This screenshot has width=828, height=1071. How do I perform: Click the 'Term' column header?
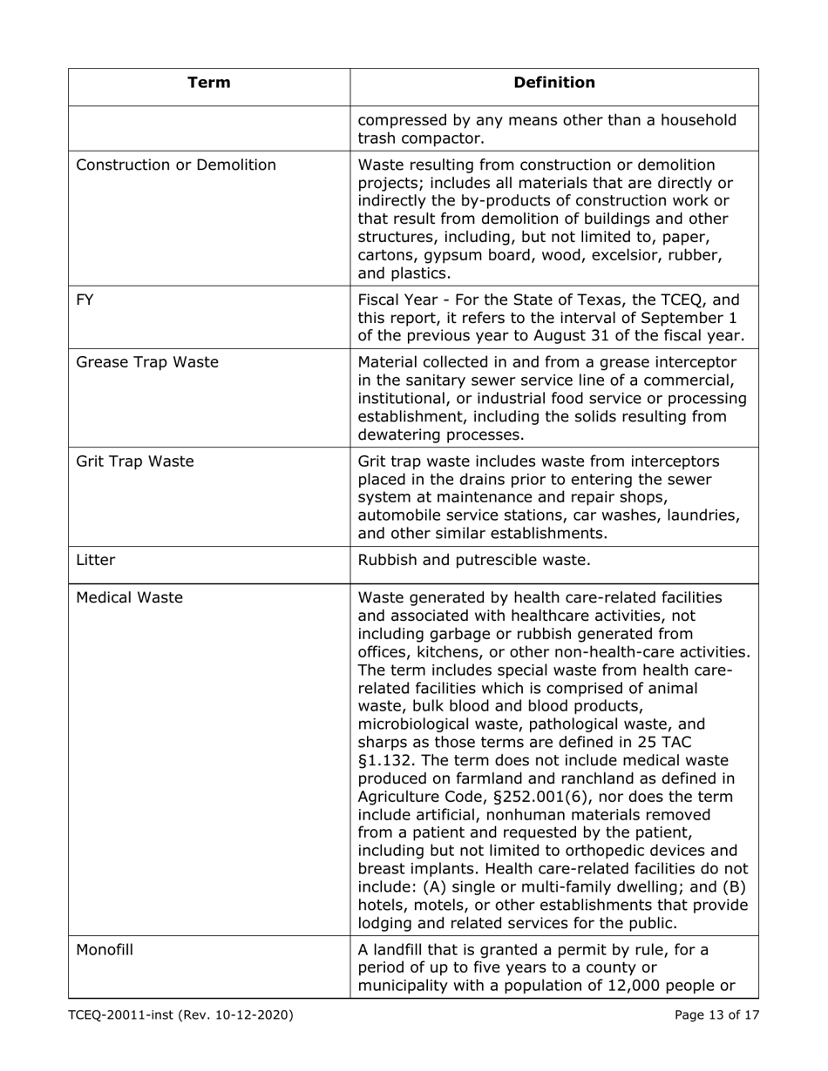coord(209,84)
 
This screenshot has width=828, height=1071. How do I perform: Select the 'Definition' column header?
coord(554,84)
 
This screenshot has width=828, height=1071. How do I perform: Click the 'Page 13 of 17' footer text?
coord(716,1014)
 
